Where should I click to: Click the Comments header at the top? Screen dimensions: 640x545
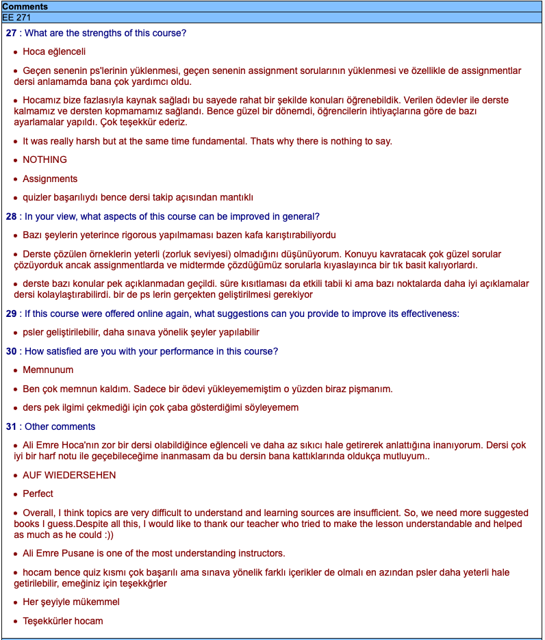pyautogui.click(x=25, y=7)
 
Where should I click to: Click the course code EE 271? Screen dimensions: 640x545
pyautogui.click(x=17, y=17)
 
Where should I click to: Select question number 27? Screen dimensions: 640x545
pyautogui.click(x=11, y=33)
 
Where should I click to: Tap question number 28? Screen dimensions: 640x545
pyautogui.click(x=11, y=217)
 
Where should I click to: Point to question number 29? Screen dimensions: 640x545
pyautogui.click(x=11, y=313)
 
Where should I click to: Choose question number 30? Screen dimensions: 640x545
pyautogui.click(x=11, y=351)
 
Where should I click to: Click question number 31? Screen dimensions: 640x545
pyautogui.click(x=11, y=426)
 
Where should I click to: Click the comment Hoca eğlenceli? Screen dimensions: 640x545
pyautogui.click(x=54, y=51)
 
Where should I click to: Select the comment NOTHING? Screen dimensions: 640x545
pyautogui.click(x=45, y=159)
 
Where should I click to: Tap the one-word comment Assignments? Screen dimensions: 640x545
pyautogui.click(x=50, y=179)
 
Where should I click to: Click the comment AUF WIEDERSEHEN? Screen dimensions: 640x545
pyautogui.click(x=69, y=475)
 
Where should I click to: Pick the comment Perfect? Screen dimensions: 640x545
pyautogui.click(x=38, y=494)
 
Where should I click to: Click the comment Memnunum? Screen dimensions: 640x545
pyautogui.click(x=48, y=370)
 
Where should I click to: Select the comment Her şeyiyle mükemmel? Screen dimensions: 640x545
pyautogui.click(x=71, y=602)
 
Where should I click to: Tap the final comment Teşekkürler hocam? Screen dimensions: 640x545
pyautogui.click(x=63, y=621)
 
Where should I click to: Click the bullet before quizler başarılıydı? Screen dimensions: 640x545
pyautogui.click(x=15, y=198)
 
